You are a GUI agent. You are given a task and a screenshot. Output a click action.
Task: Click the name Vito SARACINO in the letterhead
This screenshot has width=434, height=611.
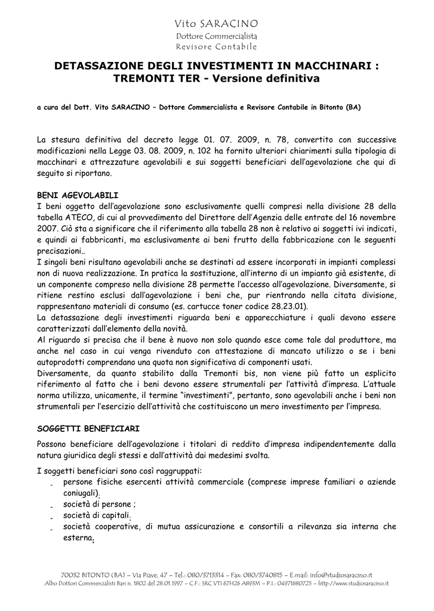[x=216, y=24]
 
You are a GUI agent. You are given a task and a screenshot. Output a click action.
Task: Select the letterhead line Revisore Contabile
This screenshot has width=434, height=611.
[x=216, y=47]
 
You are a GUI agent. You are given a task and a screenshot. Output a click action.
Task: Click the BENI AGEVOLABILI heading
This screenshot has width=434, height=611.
[x=78, y=196]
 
